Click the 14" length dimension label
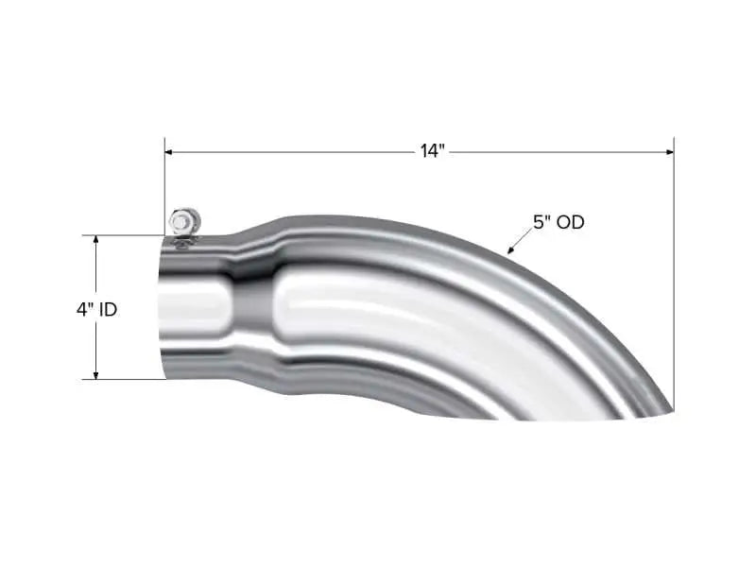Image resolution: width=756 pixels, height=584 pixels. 432,151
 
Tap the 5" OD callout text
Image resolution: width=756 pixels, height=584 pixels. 558,223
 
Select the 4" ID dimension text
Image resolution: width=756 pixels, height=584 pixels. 96,309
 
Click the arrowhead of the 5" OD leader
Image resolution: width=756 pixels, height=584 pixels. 511,251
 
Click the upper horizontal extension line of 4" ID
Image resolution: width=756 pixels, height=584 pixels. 123,234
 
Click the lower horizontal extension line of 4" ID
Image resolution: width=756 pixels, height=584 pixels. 123,380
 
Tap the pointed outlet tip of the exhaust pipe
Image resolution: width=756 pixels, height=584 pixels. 671,410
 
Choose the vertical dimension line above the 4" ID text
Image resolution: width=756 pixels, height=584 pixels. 95,269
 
